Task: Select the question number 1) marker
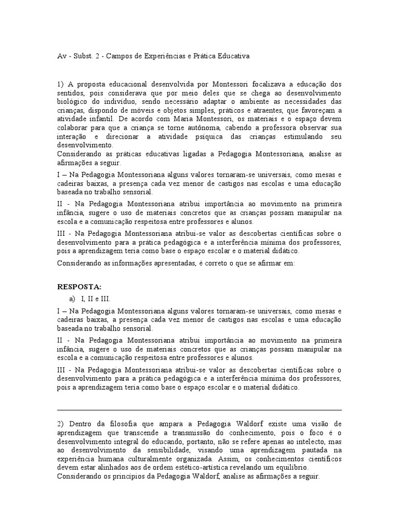tap(60, 84)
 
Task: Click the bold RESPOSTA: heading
tap(79, 286)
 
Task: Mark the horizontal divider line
tap(199, 410)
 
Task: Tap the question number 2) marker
tap(60, 425)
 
